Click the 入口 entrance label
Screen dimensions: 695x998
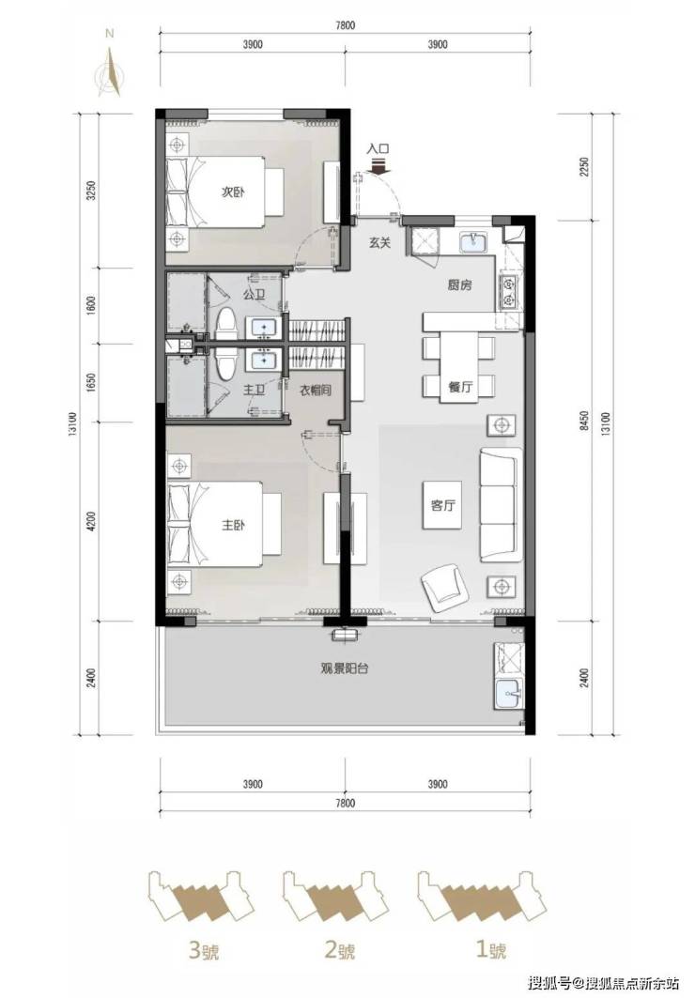(378, 149)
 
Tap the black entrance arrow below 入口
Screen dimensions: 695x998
(378, 165)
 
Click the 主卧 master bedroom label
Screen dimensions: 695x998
(233, 526)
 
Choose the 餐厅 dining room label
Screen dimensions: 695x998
(460, 386)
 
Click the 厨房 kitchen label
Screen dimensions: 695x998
(459, 285)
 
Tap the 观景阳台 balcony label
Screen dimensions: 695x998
(345, 669)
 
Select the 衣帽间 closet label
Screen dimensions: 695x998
(316, 391)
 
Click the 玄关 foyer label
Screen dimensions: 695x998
(379, 242)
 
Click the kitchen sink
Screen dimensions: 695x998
(473, 241)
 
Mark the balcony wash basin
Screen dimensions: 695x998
(509, 693)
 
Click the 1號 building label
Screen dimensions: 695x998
(491, 951)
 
